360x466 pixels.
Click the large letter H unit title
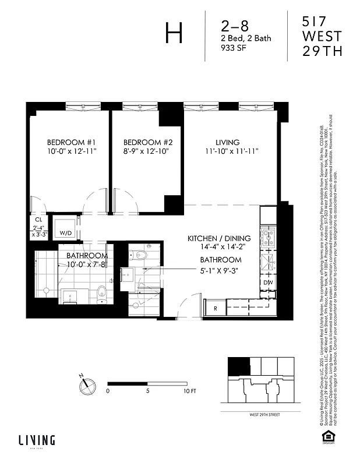[174, 33]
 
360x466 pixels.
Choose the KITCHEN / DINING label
[218, 239]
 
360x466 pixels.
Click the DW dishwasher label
[269, 283]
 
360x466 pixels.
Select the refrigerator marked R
[215, 308]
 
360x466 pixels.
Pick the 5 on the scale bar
[149, 391]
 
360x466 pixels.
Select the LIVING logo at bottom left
[36, 441]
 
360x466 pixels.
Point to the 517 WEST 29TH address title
[321, 36]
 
